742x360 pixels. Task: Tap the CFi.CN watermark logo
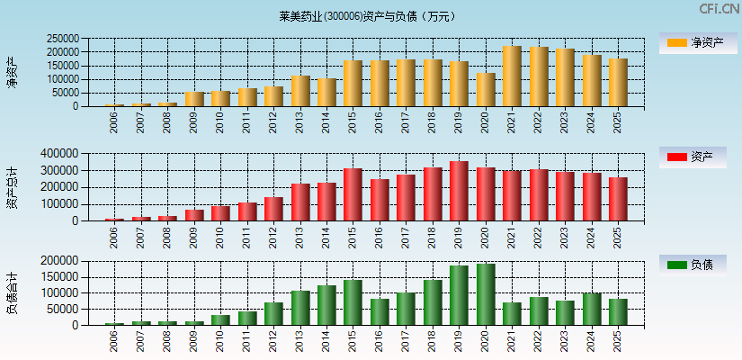[719, 9]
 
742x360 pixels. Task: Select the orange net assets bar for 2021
[512, 76]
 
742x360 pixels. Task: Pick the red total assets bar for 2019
[459, 191]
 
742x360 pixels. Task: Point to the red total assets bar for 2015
[353, 194]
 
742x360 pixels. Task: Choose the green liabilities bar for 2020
[486, 294]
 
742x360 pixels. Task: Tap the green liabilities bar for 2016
[380, 311]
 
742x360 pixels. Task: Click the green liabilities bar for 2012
[273, 313]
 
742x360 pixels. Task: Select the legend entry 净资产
[693, 42]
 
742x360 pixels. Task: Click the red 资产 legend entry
[693, 157]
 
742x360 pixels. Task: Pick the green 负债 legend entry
[693, 265]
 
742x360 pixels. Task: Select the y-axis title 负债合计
[13, 292]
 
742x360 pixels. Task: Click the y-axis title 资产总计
[13, 187]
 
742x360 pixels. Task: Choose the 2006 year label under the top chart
[114, 123]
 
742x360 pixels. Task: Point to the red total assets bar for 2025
[618, 199]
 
